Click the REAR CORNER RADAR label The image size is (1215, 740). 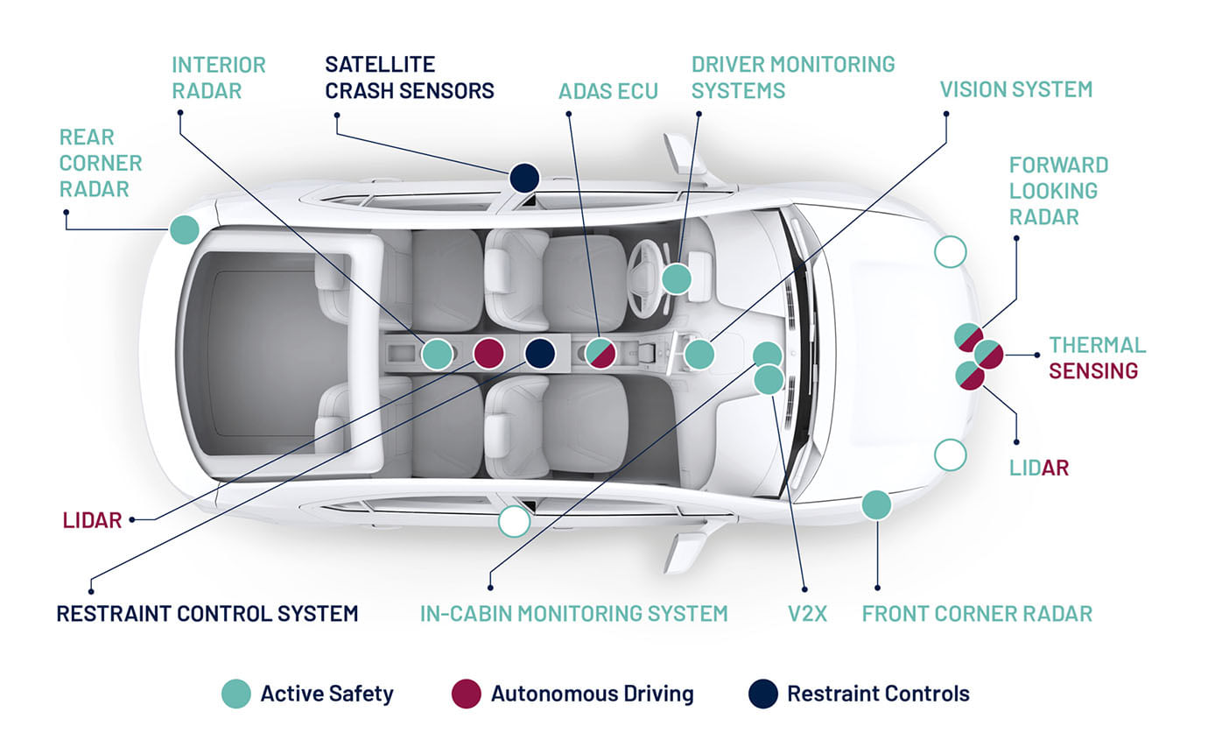(x=100, y=163)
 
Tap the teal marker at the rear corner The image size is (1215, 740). (x=184, y=229)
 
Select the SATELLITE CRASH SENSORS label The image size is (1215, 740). (x=409, y=78)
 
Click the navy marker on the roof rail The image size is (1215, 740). (x=523, y=178)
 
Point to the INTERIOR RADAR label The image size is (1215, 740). (x=218, y=78)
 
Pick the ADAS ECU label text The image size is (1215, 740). (x=607, y=91)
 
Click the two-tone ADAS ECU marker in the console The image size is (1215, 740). (x=600, y=353)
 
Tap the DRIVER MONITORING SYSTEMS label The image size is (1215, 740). (x=792, y=78)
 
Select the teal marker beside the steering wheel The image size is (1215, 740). (x=676, y=279)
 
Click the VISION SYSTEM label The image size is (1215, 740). (x=1015, y=89)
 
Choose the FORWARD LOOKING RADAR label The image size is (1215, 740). (x=1058, y=190)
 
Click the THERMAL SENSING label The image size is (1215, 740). (x=1097, y=358)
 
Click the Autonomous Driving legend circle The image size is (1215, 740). (x=466, y=694)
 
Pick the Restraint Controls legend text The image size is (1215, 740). (x=878, y=694)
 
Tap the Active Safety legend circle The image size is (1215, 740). (x=235, y=694)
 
